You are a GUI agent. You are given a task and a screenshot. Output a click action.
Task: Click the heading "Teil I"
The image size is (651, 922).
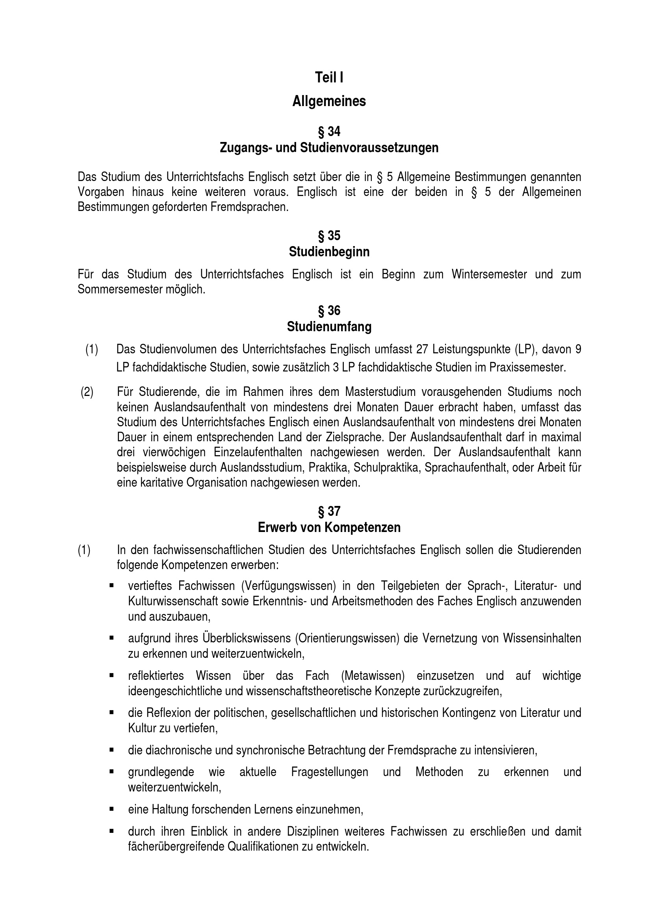tap(329, 78)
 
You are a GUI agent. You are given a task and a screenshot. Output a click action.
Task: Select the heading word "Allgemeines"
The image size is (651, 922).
tap(329, 101)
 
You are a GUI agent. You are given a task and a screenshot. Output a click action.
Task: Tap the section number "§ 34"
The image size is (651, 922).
tap(329, 131)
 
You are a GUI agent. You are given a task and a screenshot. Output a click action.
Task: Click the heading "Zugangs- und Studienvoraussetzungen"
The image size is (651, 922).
tap(329, 148)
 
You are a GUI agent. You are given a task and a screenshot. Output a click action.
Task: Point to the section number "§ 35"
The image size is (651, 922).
tap(329, 235)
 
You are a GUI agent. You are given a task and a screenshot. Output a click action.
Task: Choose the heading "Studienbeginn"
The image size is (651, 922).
tap(329, 252)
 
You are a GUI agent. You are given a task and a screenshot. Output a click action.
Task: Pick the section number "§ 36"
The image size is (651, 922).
tap(329, 310)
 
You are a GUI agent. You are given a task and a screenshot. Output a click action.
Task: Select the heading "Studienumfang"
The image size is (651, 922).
tap(329, 327)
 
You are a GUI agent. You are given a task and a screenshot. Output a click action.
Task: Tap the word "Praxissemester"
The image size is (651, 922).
tap(527, 368)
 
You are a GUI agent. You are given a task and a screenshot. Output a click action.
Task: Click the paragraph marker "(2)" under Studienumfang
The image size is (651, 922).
tap(87, 392)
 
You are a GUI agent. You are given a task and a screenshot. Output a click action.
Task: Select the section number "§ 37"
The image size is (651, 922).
tap(329, 511)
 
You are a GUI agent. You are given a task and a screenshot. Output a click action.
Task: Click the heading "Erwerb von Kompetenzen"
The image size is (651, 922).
tap(329, 527)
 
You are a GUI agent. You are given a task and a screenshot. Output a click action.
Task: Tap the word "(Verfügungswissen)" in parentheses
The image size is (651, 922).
tap(288, 586)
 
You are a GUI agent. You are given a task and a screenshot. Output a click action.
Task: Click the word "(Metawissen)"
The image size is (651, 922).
tap(373, 676)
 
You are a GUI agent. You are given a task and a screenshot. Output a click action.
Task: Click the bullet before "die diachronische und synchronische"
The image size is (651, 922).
tap(111, 750)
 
